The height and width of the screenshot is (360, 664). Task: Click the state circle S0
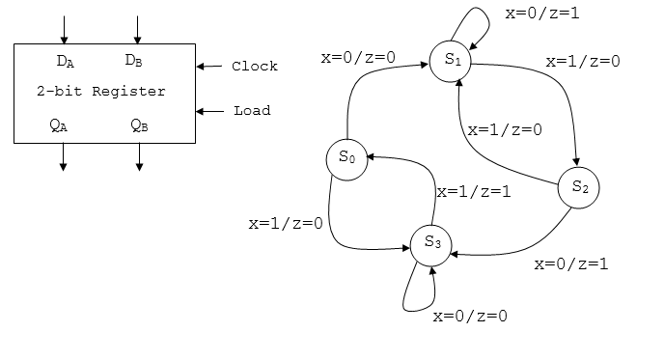[x=347, y=160]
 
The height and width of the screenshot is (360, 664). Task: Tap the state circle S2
[x=579, y=188]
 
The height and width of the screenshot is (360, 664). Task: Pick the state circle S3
[x=431, y=243]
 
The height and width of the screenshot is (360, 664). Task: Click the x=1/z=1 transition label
[x=473, y=192]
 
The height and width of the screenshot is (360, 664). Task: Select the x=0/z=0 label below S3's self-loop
[x=470, y=315]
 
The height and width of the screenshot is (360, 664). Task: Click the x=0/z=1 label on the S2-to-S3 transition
[x=570, y=263]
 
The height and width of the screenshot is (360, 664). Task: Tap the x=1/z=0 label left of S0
[x=285, y=223]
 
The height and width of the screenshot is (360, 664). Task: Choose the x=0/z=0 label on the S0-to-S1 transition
[x=358, y=58]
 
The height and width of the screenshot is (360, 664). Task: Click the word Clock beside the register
[x=254, y=67]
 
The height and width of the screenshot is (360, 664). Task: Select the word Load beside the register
[x=252, y=110]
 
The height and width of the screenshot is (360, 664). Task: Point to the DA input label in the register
[x=66, y=62]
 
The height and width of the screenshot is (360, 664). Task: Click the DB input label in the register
[x=134, y=62]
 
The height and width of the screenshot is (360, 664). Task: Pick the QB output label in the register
[x=139, y=125]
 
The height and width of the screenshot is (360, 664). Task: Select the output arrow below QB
[x=139, y=157]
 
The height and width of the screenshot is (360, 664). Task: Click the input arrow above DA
[x=64, y=29]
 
